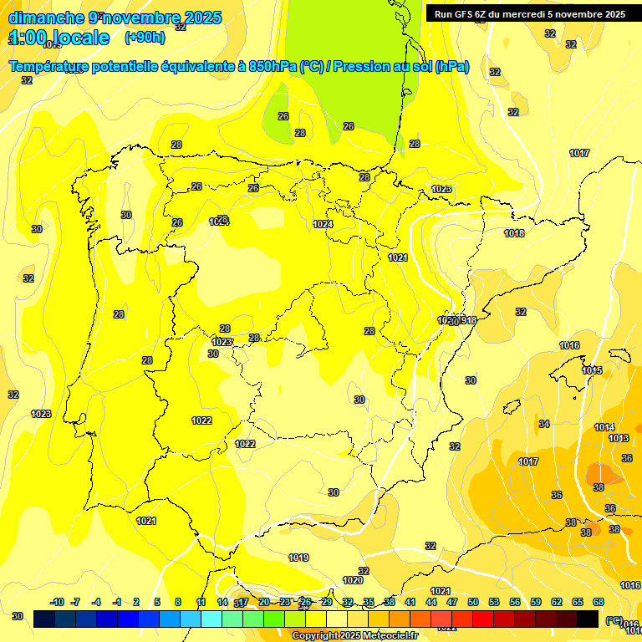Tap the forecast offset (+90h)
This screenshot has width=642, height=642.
[145, 37]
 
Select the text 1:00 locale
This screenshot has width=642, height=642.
[59, 38]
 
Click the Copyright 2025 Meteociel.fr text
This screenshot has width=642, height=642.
[354, 635]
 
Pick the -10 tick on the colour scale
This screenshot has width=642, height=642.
[57, 602]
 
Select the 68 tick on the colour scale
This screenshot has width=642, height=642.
[599, 602]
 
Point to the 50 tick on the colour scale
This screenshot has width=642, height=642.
[473, 602]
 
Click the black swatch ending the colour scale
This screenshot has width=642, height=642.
[588, 618]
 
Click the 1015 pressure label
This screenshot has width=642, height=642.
[592, 370]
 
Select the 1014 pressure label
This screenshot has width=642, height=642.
[604, 427]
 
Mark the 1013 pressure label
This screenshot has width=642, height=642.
[619, 438]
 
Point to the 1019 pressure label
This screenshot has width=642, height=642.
[298, 558]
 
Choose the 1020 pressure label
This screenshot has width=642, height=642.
[353, 580]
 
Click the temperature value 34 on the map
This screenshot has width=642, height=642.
[544, 424]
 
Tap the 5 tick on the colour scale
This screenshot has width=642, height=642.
[157, 602]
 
